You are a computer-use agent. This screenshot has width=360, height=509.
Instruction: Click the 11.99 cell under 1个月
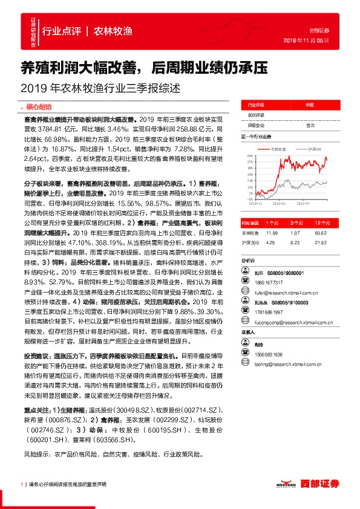click(272, 232)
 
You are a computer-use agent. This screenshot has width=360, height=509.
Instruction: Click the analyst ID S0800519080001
click(287, 273)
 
